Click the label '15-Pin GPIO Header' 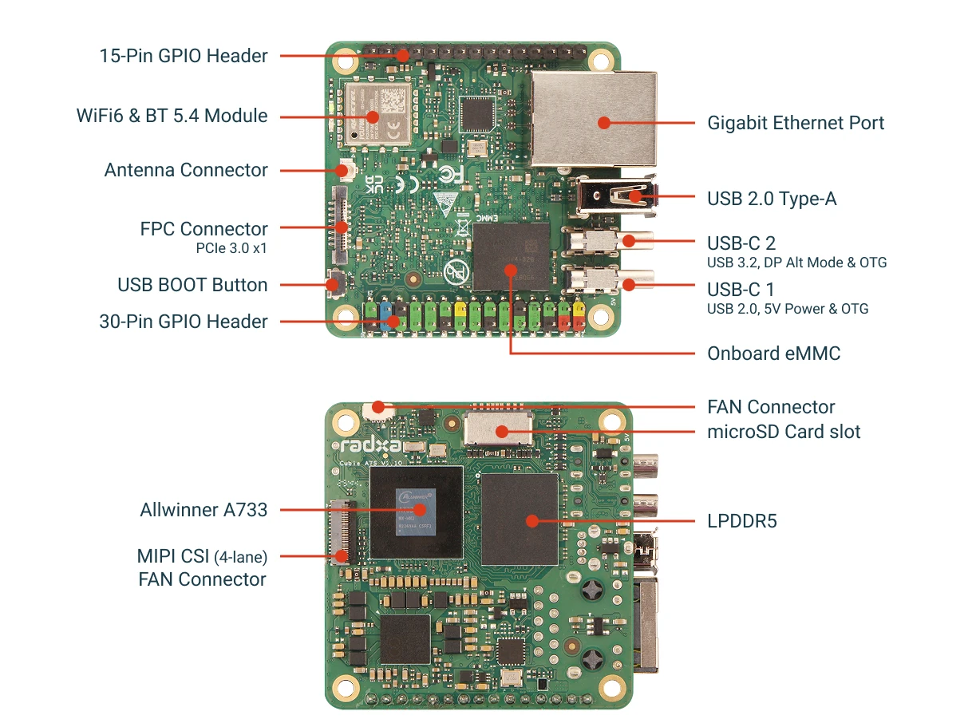coord(184,56)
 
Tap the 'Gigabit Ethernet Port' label coord(796,123)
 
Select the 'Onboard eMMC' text coord(773,353)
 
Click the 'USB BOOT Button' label coord(192,285)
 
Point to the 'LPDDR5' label coord(741,521)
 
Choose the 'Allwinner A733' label coord(203,509)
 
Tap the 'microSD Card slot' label coord(784,432)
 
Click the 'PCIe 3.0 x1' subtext coord(231,248)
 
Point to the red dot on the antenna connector coord(346,170)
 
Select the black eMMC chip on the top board coord(511,257)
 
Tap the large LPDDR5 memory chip coord(519,520)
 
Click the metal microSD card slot coord(500,429)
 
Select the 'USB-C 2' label coord(741,243)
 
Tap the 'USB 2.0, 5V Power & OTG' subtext coord(788,309)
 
